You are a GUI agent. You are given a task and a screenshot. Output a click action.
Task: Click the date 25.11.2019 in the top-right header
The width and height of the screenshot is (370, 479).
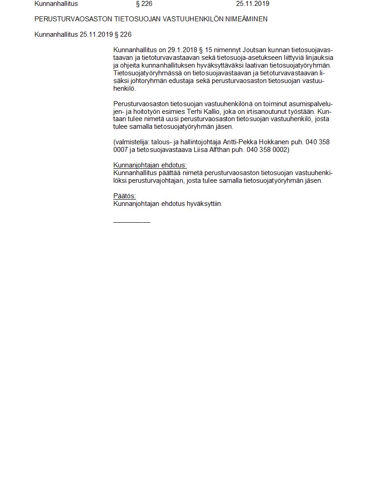point(253,4)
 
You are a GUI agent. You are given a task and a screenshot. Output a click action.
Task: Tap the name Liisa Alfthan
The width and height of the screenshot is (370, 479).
point(212,149)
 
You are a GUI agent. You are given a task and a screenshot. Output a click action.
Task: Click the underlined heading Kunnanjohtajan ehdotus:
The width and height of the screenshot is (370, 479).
point(150,165)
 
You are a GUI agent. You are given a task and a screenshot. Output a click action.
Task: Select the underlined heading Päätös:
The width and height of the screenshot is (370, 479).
point(125,196)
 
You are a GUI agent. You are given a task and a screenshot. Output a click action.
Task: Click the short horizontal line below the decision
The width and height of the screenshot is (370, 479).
point(131,222)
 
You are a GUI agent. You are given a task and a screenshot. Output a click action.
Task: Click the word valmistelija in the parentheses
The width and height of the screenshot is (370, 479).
point(132,142)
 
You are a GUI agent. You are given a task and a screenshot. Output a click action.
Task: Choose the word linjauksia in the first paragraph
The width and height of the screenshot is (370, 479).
point(318,57)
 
